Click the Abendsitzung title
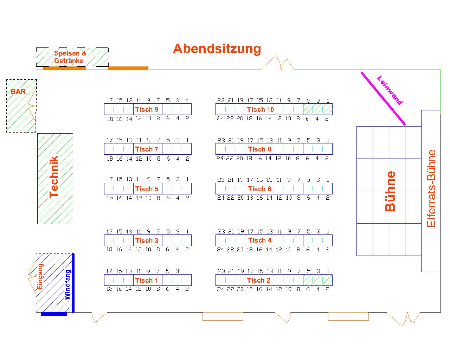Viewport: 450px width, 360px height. (217, 49)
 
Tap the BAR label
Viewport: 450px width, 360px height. (18, 91)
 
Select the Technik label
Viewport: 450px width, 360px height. (54, 177)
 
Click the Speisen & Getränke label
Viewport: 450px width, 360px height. (70, 57)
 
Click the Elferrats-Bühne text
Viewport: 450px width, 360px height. (431, 188)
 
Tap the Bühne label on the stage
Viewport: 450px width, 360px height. (391, 191)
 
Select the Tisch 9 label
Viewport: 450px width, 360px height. (147, 109)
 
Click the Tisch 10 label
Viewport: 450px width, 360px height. (260, 109)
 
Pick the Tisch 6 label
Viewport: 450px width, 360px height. (259, 189)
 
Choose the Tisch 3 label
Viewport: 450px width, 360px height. (147, 240)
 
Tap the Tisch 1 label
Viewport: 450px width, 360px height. (147, 280)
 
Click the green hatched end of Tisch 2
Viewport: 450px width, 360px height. (318, 280)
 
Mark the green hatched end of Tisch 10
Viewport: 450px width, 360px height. (318, 109)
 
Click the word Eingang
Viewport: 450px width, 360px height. (40, 277)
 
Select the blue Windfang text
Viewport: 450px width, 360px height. (67, 284)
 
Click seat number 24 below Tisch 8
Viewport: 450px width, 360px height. (220, 158)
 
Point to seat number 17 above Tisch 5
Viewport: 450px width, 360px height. (109, 179)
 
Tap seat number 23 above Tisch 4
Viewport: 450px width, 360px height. (221, 231)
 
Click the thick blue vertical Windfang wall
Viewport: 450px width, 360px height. (73, 283)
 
